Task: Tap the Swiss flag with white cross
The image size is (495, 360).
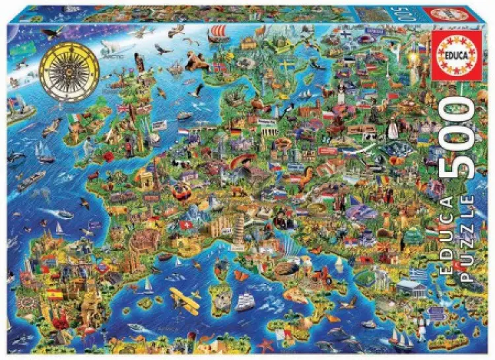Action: pyautogui.click(x=185, y=225)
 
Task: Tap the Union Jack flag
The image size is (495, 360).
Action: pyautogui.click(x=123, y=107)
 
